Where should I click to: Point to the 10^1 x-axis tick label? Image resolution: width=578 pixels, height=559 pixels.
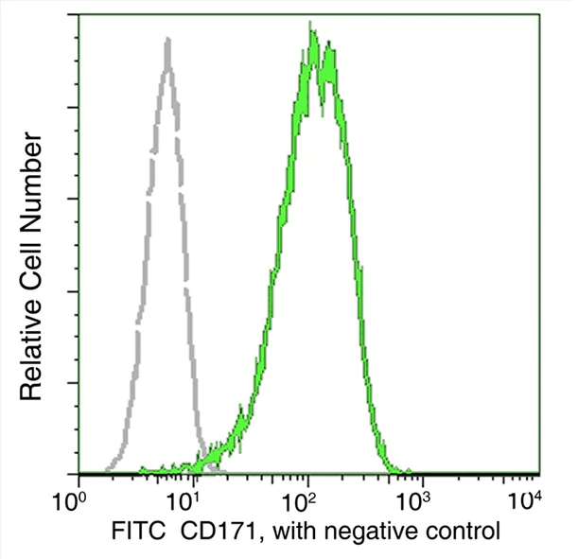pyautogui.click(x=192, y=498)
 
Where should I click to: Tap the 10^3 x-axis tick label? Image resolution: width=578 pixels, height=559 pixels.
pyautogui.click(x=420, y=498)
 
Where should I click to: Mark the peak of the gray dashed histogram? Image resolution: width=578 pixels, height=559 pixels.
pyautogui.click(x=167, y=40)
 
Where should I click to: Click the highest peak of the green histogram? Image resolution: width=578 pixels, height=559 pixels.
pyautogui.click(x=311, y=32)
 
